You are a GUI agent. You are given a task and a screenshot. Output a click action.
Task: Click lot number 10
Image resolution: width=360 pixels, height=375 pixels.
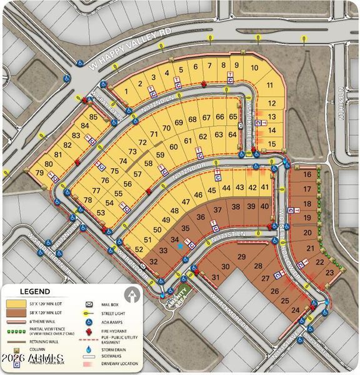click(254, 68)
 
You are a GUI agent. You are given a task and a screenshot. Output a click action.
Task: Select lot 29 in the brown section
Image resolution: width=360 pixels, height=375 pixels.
click(241, 257)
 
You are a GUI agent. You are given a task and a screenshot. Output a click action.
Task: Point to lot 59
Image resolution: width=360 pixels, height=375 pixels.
click(161, 155)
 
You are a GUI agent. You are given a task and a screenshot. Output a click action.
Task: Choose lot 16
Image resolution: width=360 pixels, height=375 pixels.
click(307, 175)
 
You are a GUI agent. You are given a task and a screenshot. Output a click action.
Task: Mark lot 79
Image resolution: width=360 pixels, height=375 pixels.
click(40, 173)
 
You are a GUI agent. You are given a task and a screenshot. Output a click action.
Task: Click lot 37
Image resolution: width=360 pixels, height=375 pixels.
click(217, 209)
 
